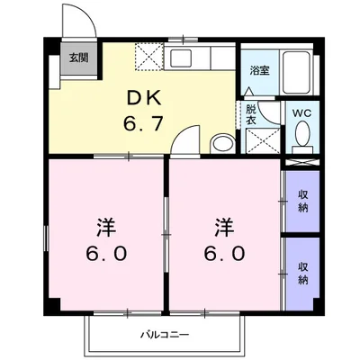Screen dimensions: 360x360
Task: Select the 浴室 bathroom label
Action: tap(259, 70)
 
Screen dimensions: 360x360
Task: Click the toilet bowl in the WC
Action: tap(301, 136)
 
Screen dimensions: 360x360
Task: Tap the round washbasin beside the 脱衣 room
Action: tap(220, 143)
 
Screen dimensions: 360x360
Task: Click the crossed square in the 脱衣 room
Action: tap(261, 140)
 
